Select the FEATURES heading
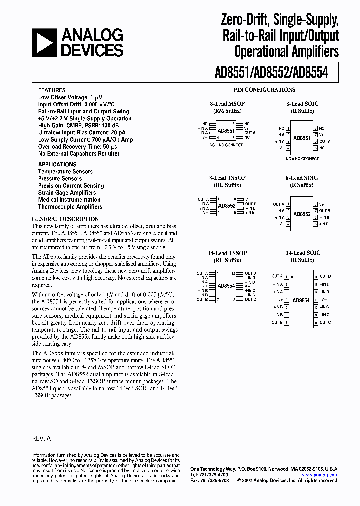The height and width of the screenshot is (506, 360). [x=52, y=91]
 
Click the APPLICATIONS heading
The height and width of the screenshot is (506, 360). [x=57, y=164]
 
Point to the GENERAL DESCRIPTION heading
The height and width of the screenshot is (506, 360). [x=65, y=219]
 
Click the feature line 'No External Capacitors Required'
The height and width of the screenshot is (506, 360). [x=79, y=154]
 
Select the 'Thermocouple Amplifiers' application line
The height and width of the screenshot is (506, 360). [x=70, y=206]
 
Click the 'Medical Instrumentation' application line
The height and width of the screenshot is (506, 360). [x=69, y=199]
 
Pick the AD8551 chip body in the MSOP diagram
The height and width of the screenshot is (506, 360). [x=227, y=130]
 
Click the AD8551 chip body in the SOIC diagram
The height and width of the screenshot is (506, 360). [x=301, y=138]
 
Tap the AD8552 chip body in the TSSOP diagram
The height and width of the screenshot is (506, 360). [x=227, y=205]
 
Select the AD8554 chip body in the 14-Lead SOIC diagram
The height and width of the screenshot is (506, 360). [x=301, y=300]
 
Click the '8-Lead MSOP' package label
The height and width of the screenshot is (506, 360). [x=227, y=104]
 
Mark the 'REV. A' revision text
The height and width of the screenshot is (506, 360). [x=42, y=438]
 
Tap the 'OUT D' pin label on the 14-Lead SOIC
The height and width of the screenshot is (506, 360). [x=325, y=276]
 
